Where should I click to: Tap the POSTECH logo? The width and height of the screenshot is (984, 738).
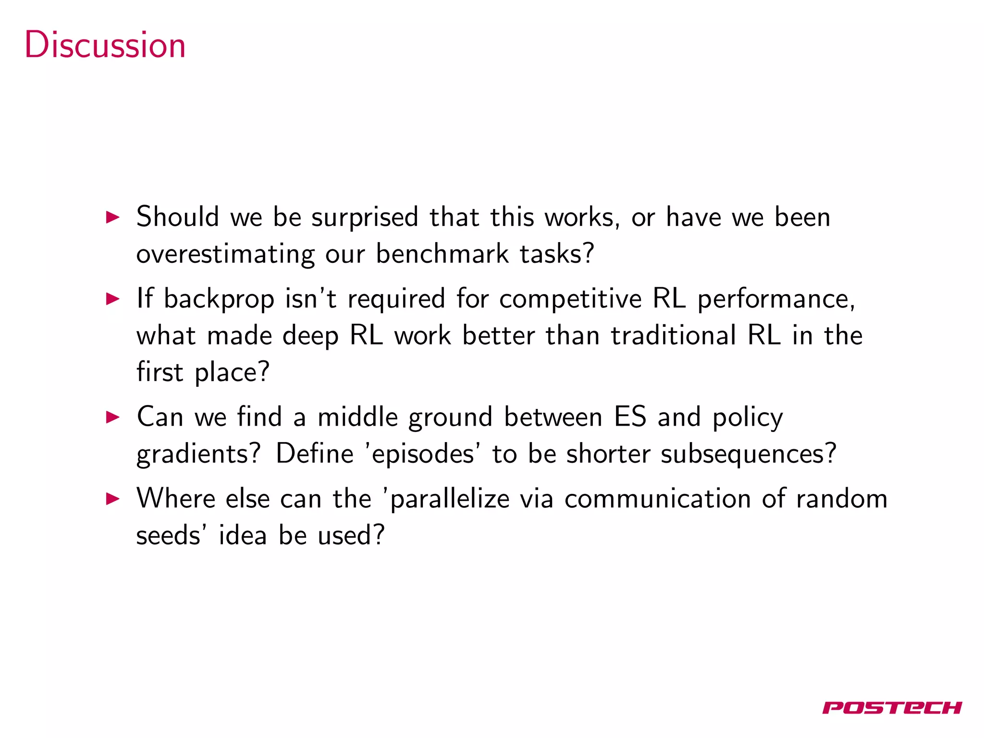click(892, 708)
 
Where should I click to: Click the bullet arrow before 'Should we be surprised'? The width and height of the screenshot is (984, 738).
click(112, 217)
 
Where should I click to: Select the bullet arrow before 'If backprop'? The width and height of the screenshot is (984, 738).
click(112, 299)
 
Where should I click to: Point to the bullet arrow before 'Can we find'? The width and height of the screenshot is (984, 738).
click(112, 417)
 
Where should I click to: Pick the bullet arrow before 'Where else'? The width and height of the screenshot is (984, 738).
click(112, 499)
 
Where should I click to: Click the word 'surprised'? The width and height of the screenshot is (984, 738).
click(365, 218)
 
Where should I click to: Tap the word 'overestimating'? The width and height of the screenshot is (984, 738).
click(225, 254)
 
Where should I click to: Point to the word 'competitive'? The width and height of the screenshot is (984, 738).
click(570, 299)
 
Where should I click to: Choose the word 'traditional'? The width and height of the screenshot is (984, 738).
click(673, 335)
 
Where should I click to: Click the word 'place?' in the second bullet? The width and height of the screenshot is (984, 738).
click(232, 373)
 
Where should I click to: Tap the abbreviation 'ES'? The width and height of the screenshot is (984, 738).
click(630, 417)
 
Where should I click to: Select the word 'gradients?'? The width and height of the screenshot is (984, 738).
click(198, 455)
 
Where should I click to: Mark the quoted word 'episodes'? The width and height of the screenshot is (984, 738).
click(423, 455)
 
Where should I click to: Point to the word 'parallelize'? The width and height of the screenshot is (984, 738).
click(450, 499)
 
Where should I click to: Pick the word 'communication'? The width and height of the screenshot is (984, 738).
click(658, 499)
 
